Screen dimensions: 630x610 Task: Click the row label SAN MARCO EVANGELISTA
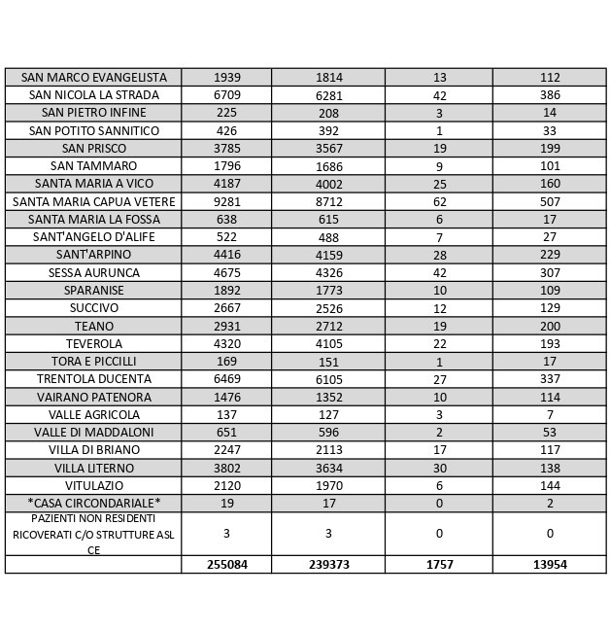(x=93, y=77)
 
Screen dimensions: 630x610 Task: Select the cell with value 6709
(x=226, y=95)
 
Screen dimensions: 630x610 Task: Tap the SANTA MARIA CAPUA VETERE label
(x=93, y=201)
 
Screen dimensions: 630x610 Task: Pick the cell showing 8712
(x=328, y=201)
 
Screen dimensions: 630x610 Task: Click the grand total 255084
(x=226, y=564)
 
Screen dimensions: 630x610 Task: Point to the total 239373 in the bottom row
(x=328, y=564)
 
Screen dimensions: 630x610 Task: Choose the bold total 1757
(x=439, y=564)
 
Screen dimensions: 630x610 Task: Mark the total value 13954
(x=550, y=564)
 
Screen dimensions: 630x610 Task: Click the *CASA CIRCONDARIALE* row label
(x=93, y=503)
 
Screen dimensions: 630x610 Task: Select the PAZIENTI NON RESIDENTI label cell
(x=93, y=533)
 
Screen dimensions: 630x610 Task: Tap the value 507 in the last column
(x=550, y=201)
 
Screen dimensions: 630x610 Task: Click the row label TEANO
(x=93, y=326)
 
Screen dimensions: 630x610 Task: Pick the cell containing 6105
(x=328, y=378)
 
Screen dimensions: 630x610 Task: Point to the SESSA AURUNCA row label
(x=93, y=272)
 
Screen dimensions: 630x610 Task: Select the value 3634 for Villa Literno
(x=328, y=468)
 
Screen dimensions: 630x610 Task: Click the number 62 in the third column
(x=439, y=201)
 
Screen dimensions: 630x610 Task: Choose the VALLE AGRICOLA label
(x=93, y=414)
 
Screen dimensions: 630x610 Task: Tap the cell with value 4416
(x=226, y=255)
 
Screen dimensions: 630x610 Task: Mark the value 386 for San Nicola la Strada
(x=550, y=95)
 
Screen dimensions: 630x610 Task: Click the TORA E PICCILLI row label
(x=93, y=361)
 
